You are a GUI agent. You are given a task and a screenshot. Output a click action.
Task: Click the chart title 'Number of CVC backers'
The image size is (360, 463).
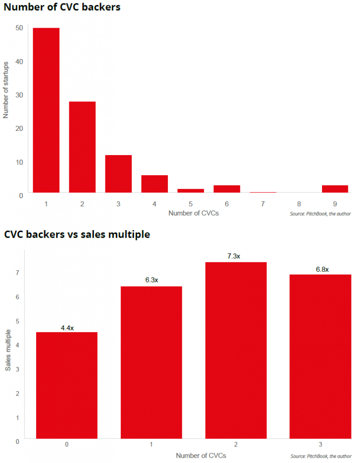coord(62,7)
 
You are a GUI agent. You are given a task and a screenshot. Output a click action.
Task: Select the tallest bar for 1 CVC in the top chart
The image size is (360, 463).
coord(46,110)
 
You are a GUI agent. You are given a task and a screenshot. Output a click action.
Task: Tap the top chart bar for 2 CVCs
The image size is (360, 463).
coord(82,147)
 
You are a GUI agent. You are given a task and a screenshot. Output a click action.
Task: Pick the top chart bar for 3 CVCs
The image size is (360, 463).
coord(118,173)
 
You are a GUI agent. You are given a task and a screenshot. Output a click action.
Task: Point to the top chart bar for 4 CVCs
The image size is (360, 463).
coord(154,184)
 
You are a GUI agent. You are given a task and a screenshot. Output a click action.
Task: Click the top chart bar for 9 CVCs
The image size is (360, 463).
coord(335,189)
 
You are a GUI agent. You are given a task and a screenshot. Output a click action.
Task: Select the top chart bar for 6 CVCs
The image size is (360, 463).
coord(226,189)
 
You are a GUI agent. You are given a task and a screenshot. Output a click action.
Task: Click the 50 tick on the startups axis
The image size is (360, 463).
coord(19,28)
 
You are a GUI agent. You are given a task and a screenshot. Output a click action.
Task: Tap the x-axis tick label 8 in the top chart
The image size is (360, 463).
coord(299,204)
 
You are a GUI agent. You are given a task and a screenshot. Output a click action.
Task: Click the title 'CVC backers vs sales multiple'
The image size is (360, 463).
coord(77,234)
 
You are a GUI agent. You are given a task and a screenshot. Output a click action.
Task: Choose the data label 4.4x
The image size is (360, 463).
coord(67,328)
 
